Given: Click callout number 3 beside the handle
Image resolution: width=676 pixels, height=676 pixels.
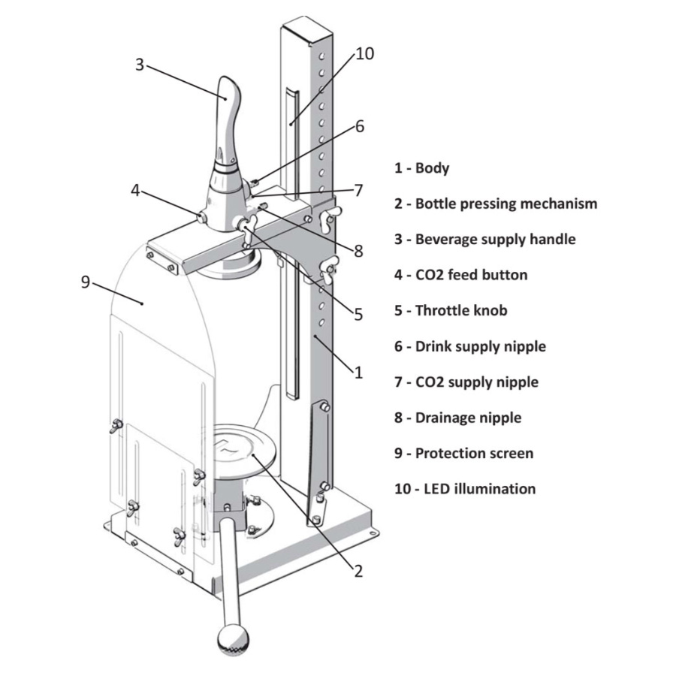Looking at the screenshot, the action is click(139, 65).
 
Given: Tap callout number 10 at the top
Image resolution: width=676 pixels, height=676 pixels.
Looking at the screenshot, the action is click(365, 54).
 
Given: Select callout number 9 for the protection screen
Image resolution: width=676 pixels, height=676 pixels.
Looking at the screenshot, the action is click(86, 282).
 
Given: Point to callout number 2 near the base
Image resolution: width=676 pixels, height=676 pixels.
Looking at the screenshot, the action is click(358, 572).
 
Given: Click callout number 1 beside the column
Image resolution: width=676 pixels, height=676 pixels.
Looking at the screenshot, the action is click(359, 372).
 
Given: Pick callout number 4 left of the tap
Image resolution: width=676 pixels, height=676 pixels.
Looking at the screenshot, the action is click(136, 190).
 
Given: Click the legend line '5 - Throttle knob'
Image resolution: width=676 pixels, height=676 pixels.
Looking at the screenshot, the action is click(451, 310).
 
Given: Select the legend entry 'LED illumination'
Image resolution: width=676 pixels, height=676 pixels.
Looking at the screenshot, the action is click(480, 489).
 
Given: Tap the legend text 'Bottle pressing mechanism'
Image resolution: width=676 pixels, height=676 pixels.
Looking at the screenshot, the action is click(506, 204).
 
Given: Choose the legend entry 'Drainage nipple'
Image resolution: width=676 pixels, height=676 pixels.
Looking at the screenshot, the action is click(468, 418).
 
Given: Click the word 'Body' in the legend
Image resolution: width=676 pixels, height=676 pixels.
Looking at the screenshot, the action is click(432, 168).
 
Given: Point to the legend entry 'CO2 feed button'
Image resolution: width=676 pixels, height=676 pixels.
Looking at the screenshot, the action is click(471, 275).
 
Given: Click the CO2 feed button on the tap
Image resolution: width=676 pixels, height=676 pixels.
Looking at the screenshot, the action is click(202, 217).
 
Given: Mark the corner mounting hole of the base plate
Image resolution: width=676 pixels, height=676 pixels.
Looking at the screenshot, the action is click(374, 534).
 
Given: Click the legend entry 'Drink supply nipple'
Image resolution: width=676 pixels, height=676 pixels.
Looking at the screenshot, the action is click(480, 346).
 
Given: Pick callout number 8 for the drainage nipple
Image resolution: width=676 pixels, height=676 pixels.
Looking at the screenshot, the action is click(359, 251).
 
